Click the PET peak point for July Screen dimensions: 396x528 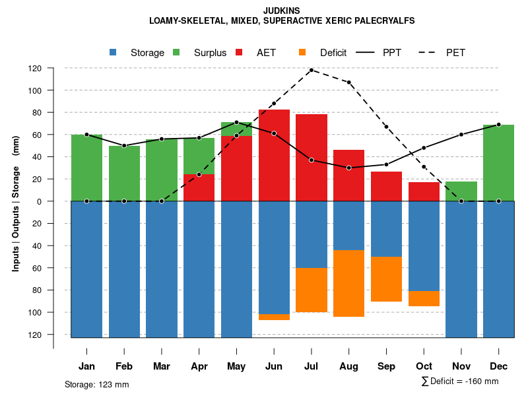(311, 70)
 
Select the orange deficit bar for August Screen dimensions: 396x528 (348, 283)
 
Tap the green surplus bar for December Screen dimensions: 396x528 (498, 162)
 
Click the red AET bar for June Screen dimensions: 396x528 (274, 155)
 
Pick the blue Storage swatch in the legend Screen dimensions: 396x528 (113, 53)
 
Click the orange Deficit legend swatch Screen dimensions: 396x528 (302, 53)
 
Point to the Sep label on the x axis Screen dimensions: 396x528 (386, 366)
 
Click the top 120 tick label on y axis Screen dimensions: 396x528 (53, 69)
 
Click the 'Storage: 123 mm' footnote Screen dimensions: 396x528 (97, 384)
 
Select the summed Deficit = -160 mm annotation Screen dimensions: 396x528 (460, 381)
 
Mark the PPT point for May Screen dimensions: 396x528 (236, 122)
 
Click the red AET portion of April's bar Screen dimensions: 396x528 (199, 187)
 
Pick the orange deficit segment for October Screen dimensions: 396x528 (424, 298)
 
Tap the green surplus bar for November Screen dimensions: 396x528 (461, 191)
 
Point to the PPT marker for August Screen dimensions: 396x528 (348, 168)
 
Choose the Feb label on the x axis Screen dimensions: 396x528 (124, 366)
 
